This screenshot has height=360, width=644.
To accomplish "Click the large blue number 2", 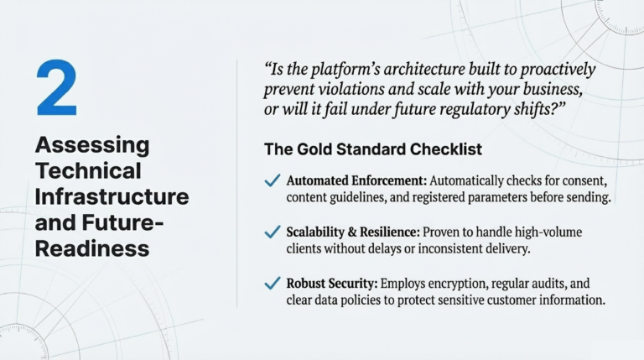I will coord(56,88).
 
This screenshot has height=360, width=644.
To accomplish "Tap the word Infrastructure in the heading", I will coord(112,197).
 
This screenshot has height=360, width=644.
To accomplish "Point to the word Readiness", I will coord(92,248).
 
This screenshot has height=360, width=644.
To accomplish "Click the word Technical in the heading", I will coord(88,171).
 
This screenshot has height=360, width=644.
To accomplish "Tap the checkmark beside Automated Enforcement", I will coord(272,181).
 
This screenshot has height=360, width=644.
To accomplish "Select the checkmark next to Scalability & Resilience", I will coord(272,232).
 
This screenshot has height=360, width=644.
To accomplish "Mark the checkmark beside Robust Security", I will coord(272,284).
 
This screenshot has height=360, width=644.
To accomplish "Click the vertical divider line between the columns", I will coord(237,180).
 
